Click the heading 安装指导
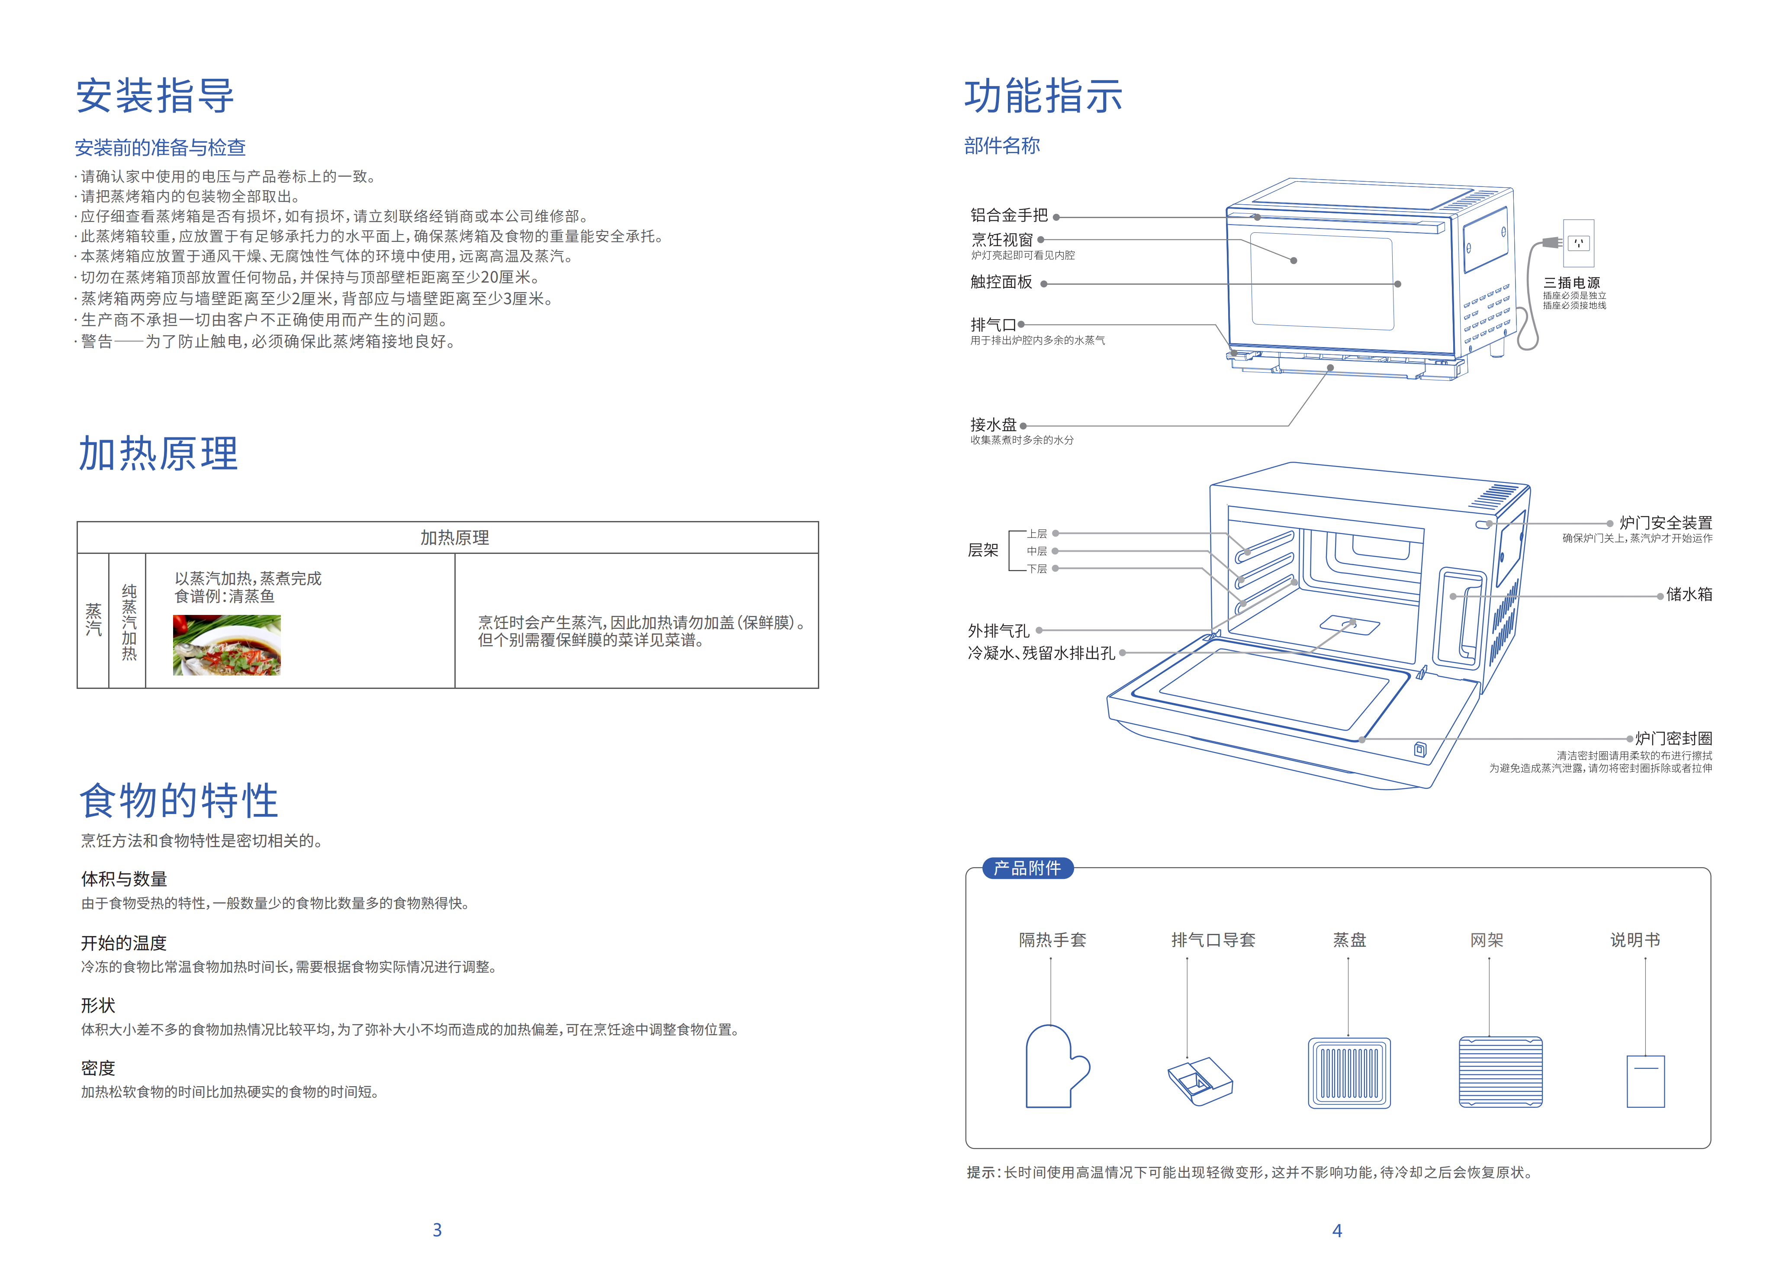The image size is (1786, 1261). click(x=155, y=97)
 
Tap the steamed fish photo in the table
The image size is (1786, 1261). click(x=226, y=645)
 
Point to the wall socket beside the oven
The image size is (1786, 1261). click(x=1578, y=243)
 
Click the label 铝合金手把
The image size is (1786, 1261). click(x=1008, y=216)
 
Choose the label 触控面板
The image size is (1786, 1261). click(x=1001, y=283)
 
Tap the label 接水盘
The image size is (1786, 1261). click(x=993, y=425)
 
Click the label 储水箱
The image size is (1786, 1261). click(x=1689, y=594)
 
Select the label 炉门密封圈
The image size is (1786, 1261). click(x=1673, y=738)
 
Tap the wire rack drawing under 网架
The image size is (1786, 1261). click(x=1500, y=1072)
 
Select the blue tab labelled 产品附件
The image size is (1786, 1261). click(x=1027, y=868)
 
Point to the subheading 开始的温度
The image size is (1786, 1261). click(x=124, y=943)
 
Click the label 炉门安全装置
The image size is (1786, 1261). click(x=1665, y=523)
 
